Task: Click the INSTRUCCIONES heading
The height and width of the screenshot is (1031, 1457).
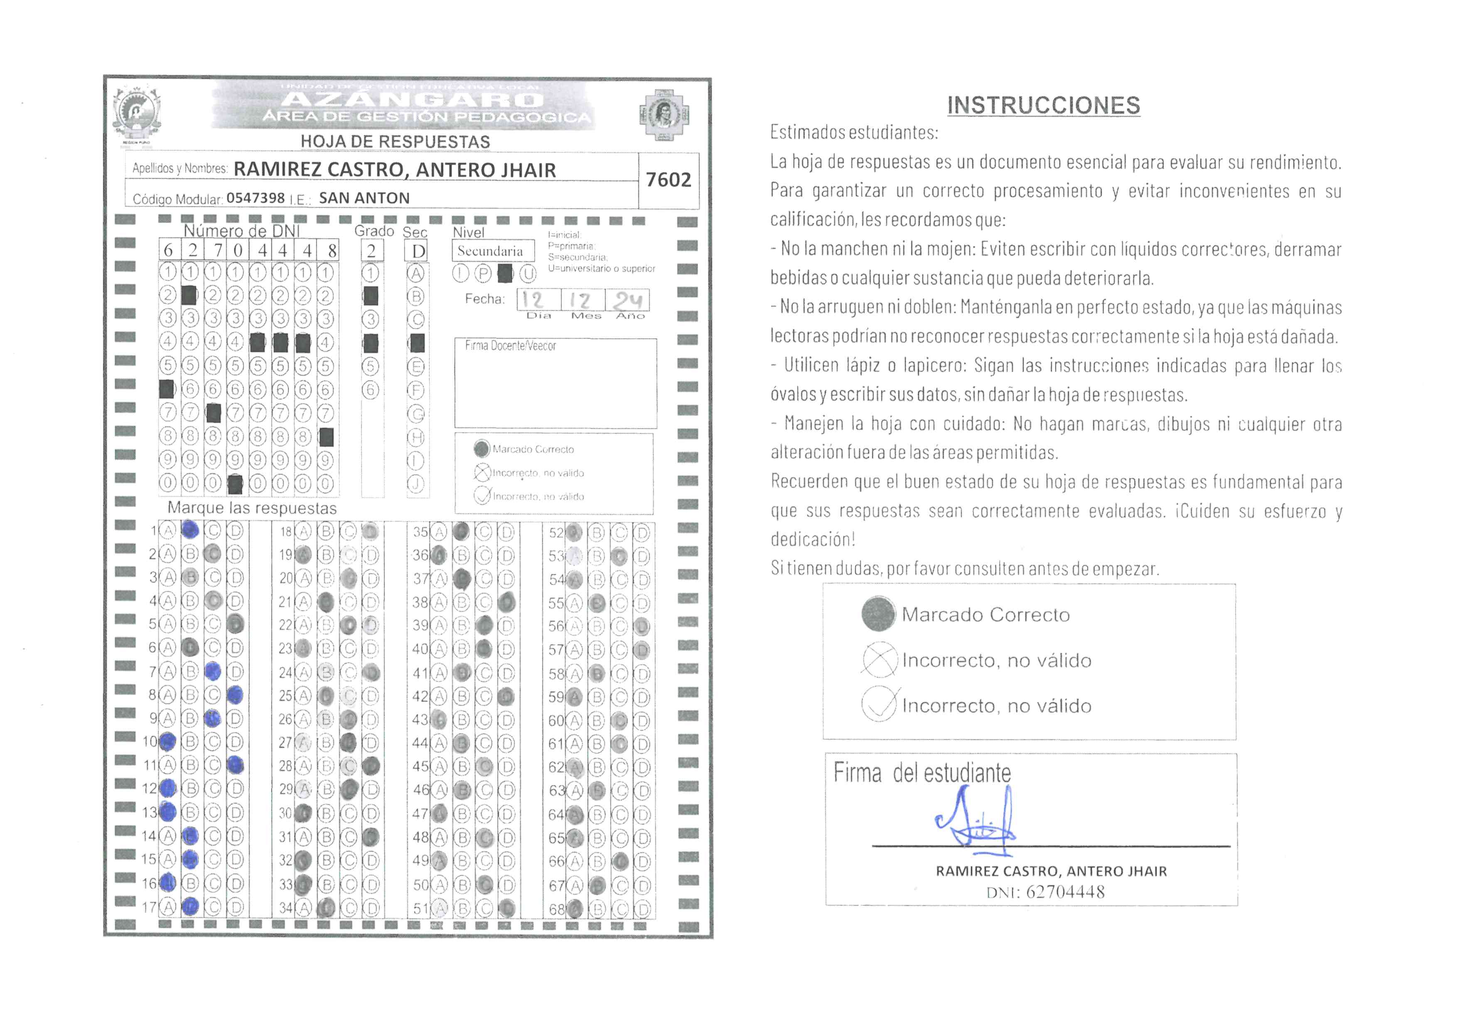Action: [1043, 105]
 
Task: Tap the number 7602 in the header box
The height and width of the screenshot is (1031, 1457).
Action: [668, 180]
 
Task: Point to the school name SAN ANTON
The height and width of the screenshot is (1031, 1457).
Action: [364, 198]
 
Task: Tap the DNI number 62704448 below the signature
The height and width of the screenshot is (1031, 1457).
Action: [1065, 892]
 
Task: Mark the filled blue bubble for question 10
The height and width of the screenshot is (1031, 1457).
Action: [167, 741]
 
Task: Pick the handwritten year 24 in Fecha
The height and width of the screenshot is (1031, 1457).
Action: [628, 300]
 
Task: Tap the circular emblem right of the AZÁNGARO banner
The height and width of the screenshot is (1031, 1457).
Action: [664, 114]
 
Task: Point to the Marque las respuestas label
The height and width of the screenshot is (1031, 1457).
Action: [252, 508]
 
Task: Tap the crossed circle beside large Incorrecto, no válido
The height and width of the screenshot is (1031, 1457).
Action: [880, 660]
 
